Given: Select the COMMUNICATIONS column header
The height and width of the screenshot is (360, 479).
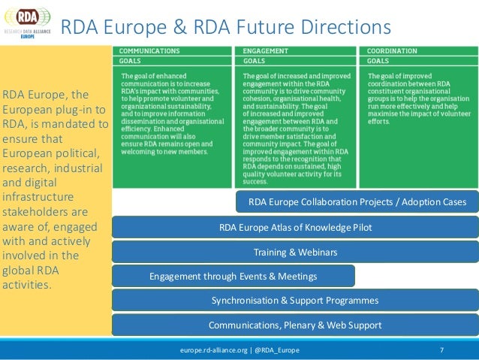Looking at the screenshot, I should point(151,50).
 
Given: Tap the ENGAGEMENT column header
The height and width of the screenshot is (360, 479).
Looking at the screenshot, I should point(267,50).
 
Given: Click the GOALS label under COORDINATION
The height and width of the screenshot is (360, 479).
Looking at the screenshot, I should point(378,60).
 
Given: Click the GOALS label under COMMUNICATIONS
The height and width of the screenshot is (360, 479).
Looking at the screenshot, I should point(131,60).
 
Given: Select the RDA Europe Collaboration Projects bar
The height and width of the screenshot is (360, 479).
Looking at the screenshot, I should point(357,202).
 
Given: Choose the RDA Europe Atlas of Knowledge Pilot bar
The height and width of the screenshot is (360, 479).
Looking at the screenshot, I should point(295,227).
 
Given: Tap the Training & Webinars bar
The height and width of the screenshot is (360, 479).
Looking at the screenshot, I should point(295,252).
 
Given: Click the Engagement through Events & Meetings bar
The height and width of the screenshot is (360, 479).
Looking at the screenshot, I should point(233,276).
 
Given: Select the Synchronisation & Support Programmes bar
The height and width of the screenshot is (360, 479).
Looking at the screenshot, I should point(295,301).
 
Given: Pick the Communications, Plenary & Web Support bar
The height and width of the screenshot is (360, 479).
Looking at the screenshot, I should point(295,325).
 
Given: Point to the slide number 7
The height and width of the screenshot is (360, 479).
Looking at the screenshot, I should point(441,351).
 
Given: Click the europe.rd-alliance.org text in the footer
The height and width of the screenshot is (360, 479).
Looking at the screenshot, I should point(210,351).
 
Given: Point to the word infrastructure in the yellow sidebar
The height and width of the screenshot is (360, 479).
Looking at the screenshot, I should point(37,197).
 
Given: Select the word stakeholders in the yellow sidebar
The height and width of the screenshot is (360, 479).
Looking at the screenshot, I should point(38,211).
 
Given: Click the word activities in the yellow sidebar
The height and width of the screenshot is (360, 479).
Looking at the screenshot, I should point(27,285).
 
